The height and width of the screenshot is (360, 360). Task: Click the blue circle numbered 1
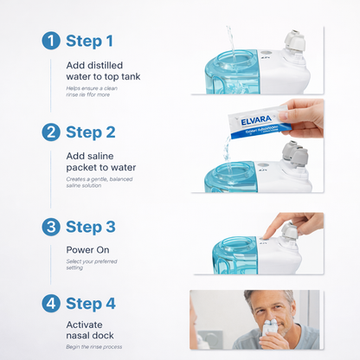click(x=51, y=41)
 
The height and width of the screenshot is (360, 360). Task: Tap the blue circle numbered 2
click(x=51, y=132)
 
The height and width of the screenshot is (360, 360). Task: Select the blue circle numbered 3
click(x=51, y=226)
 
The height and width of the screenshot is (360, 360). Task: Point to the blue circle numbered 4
click(x=51, y=304)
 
